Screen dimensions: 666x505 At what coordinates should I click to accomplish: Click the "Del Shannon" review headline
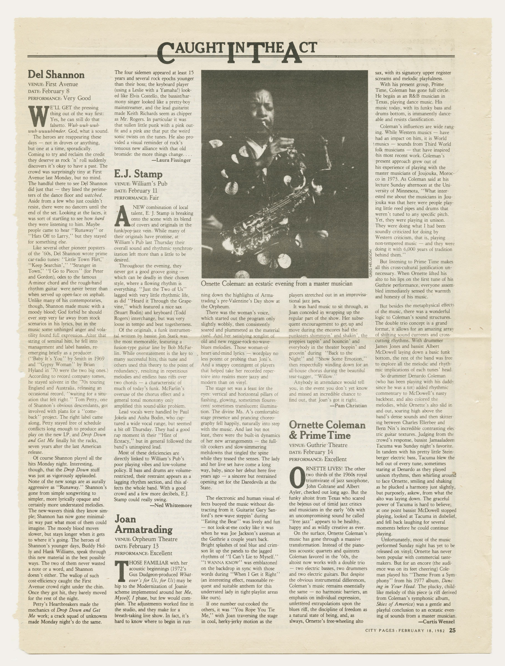[56, 75]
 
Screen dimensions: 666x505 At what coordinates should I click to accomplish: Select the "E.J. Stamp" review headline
[138, 174]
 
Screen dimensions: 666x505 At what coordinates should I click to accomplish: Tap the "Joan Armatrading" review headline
[144, 524]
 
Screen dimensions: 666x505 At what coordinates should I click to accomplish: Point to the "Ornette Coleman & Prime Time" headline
[327, 430]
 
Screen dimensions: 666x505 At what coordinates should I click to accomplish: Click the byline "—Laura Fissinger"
[171, 160]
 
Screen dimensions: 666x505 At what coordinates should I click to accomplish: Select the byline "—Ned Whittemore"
[171, 506]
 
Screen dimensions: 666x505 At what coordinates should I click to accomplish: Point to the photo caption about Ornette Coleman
[276, 284]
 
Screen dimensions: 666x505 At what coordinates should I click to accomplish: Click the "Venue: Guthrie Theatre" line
[318, 445]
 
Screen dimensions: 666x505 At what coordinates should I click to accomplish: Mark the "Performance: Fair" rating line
[137, 198]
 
